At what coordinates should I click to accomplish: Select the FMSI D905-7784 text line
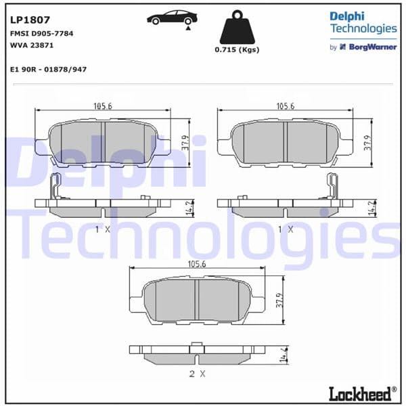click(x=42, y=33)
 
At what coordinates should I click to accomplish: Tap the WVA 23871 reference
click(x=32, y=45)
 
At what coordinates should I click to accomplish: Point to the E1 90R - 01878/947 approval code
click(x=49, y=70)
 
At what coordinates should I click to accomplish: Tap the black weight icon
click(x=237, y=28)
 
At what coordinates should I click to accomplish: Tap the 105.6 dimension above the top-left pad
click(x=103, y=106)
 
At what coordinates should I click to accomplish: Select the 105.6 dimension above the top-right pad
click(x=286, y=106)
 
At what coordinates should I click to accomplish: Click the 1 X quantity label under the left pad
click(x=102, y=229)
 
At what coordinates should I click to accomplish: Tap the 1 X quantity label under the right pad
click(x=286, y=229)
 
